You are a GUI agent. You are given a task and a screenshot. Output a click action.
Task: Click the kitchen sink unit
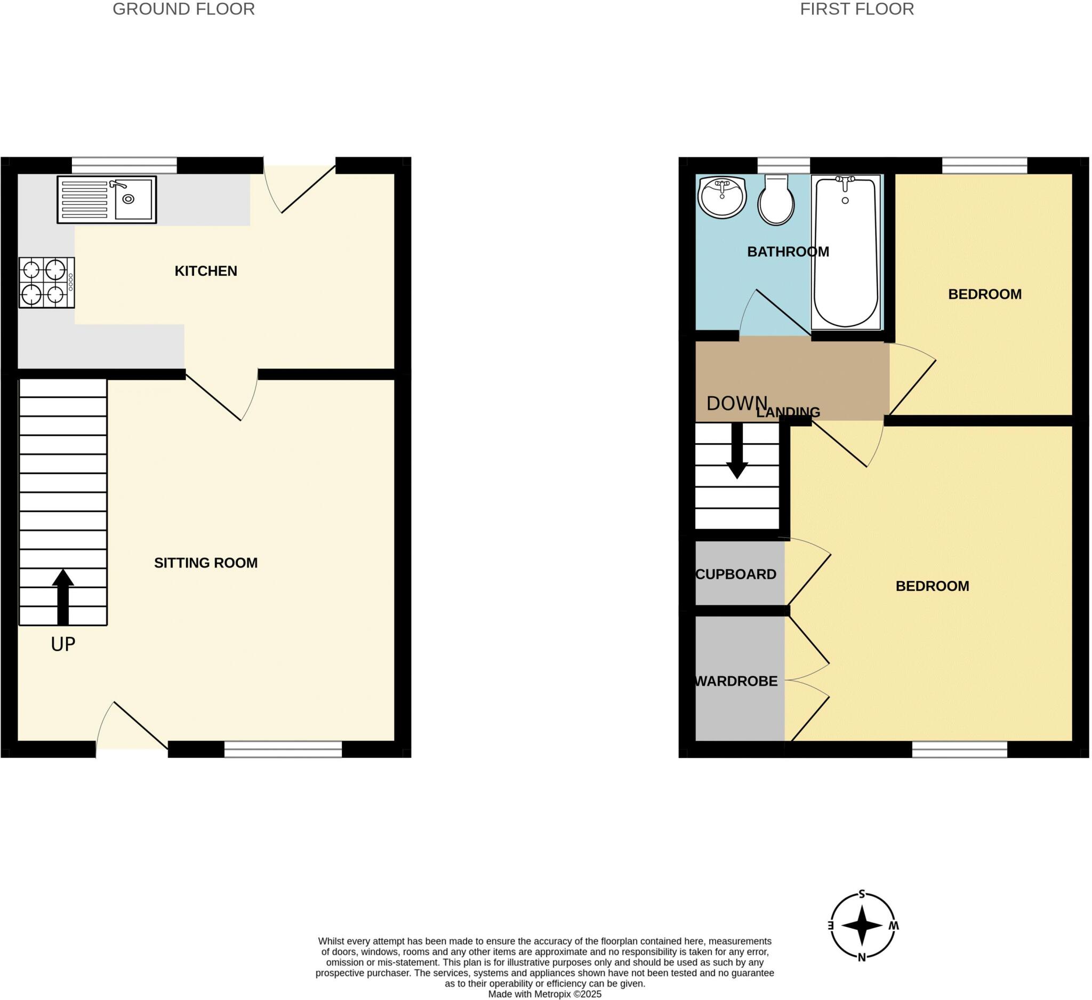(x=107, y=199)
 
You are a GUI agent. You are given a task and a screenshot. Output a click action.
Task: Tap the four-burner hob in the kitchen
(x=46, y=283)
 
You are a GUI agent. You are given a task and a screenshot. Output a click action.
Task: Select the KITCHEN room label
(x=206, y=271)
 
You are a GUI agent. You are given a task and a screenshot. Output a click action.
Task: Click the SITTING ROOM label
(x=206, y=563)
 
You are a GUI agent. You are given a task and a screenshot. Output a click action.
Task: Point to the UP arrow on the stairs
(x=63, y=596)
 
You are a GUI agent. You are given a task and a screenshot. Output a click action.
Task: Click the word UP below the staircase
(x=63, y=644)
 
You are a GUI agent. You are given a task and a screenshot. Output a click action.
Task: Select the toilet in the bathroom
(x=776, y=201)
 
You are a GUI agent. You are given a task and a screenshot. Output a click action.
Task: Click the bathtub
(x=846, y=252)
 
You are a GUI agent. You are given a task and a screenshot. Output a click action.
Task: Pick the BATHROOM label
(x=788, y=252)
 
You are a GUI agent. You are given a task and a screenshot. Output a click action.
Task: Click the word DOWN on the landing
(x=737, y=403)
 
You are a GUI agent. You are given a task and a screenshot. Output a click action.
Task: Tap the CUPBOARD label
(x=736, y=574)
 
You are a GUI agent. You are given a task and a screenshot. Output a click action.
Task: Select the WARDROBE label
(x=736, y=681)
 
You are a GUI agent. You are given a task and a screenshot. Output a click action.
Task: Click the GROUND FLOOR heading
(x=183, y=9)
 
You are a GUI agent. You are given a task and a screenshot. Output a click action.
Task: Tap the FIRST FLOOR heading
(x=857, y=9)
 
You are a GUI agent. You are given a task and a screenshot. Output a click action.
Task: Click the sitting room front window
(x=283, y=749)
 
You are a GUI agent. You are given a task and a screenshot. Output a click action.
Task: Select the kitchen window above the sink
(x=124, y=165)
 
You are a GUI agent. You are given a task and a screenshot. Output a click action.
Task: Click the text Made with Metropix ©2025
(x=544, y=994)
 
